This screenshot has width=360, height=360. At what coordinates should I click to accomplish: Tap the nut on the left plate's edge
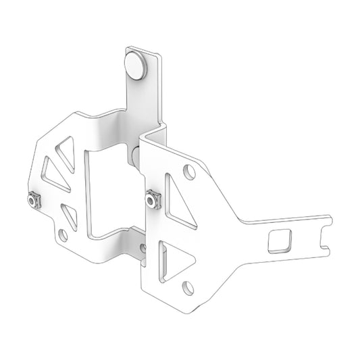pos(31,201)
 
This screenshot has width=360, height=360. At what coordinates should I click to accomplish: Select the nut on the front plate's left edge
pos(153,199)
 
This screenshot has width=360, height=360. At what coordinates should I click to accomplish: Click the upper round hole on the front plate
pos(190,172)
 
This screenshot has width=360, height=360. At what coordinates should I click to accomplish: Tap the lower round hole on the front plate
pos(188,288)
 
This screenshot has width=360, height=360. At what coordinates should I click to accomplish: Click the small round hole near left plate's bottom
pos(63,235)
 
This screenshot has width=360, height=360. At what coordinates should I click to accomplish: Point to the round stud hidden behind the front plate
pos(136,159)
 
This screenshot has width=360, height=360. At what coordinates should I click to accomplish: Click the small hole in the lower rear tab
pos(143,248)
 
